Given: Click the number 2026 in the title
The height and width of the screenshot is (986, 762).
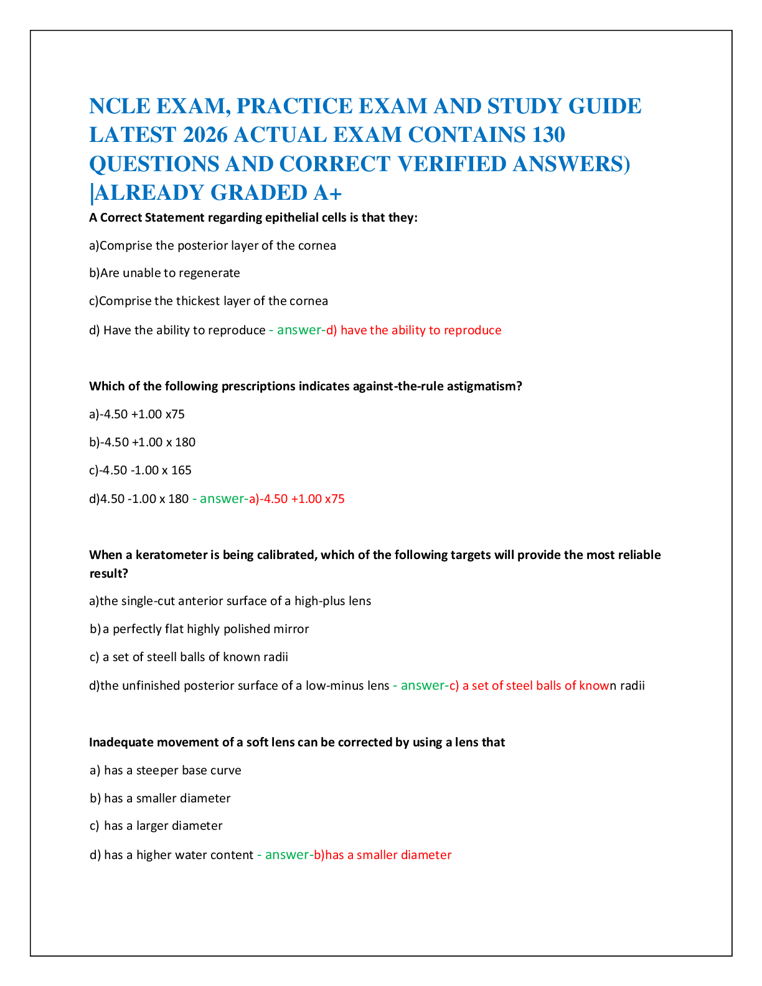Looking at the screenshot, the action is coord(205,134).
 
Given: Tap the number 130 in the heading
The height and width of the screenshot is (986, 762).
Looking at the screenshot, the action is coord(548,134).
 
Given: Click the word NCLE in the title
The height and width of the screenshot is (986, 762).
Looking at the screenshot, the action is coord(120,106).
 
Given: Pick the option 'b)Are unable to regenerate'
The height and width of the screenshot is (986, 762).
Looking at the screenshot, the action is coord(164,273).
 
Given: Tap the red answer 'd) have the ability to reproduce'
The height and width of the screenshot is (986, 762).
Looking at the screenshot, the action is coord(413,330).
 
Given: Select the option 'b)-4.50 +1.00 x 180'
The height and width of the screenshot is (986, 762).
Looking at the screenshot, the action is coord(143,442).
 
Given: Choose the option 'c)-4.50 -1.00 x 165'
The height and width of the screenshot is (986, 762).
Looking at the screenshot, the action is coord(140,470).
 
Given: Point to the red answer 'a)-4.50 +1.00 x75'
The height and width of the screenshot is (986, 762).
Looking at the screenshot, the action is coord(297,499).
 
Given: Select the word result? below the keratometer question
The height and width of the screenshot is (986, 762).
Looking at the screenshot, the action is coord(109,574).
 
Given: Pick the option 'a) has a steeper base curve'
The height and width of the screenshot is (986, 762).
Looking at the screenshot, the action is coord(166,771).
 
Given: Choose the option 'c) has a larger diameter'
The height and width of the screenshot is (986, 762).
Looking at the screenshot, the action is coord(156,826).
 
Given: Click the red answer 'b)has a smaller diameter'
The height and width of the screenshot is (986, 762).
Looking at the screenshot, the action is coord(383,855).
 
